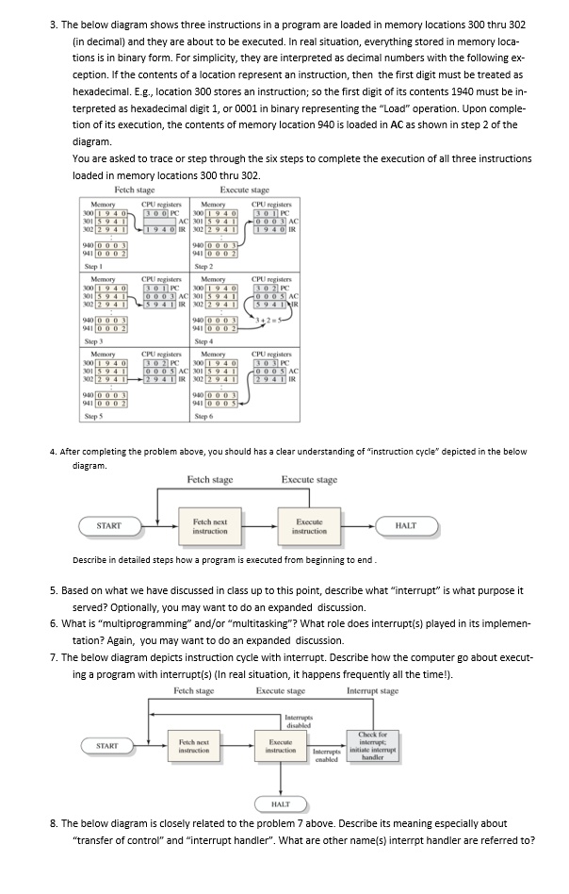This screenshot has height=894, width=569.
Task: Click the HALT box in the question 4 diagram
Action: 406,525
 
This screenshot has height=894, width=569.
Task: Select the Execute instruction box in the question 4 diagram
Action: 309,525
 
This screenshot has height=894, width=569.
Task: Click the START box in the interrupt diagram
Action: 106,745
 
